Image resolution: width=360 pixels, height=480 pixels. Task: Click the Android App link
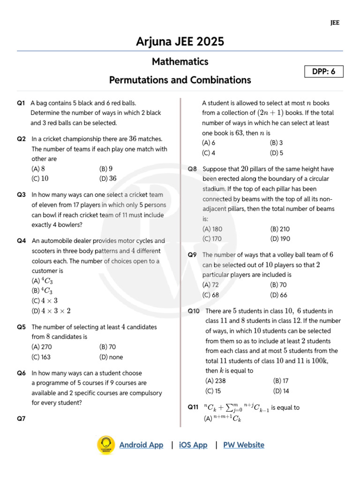point(141,445)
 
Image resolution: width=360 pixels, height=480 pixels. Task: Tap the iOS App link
point(193,445)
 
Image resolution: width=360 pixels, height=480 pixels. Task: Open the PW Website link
point(243,445)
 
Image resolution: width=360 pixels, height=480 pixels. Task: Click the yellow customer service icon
point(106,444)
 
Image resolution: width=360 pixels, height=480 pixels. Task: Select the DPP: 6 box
point(324,72)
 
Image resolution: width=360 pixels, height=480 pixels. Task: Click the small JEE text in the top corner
point(335,22)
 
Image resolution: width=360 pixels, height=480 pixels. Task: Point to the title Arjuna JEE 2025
point(180,42)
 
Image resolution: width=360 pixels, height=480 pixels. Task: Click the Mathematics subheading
point(180,61)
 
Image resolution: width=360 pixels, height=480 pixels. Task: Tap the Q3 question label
point(21,195)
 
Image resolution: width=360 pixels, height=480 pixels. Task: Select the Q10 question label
point(194,311)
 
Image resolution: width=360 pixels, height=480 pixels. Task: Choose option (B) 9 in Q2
point(106,169)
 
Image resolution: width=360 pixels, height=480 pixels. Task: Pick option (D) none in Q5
point(111,357)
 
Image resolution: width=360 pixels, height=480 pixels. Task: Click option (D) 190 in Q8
point(280,239)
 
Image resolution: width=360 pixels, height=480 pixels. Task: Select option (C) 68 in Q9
point(210,295)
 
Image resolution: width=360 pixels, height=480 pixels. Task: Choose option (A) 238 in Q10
point(216,381)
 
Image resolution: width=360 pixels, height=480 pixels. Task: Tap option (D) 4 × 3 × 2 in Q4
point(51,311)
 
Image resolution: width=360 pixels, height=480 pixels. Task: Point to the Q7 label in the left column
point(21,419)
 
